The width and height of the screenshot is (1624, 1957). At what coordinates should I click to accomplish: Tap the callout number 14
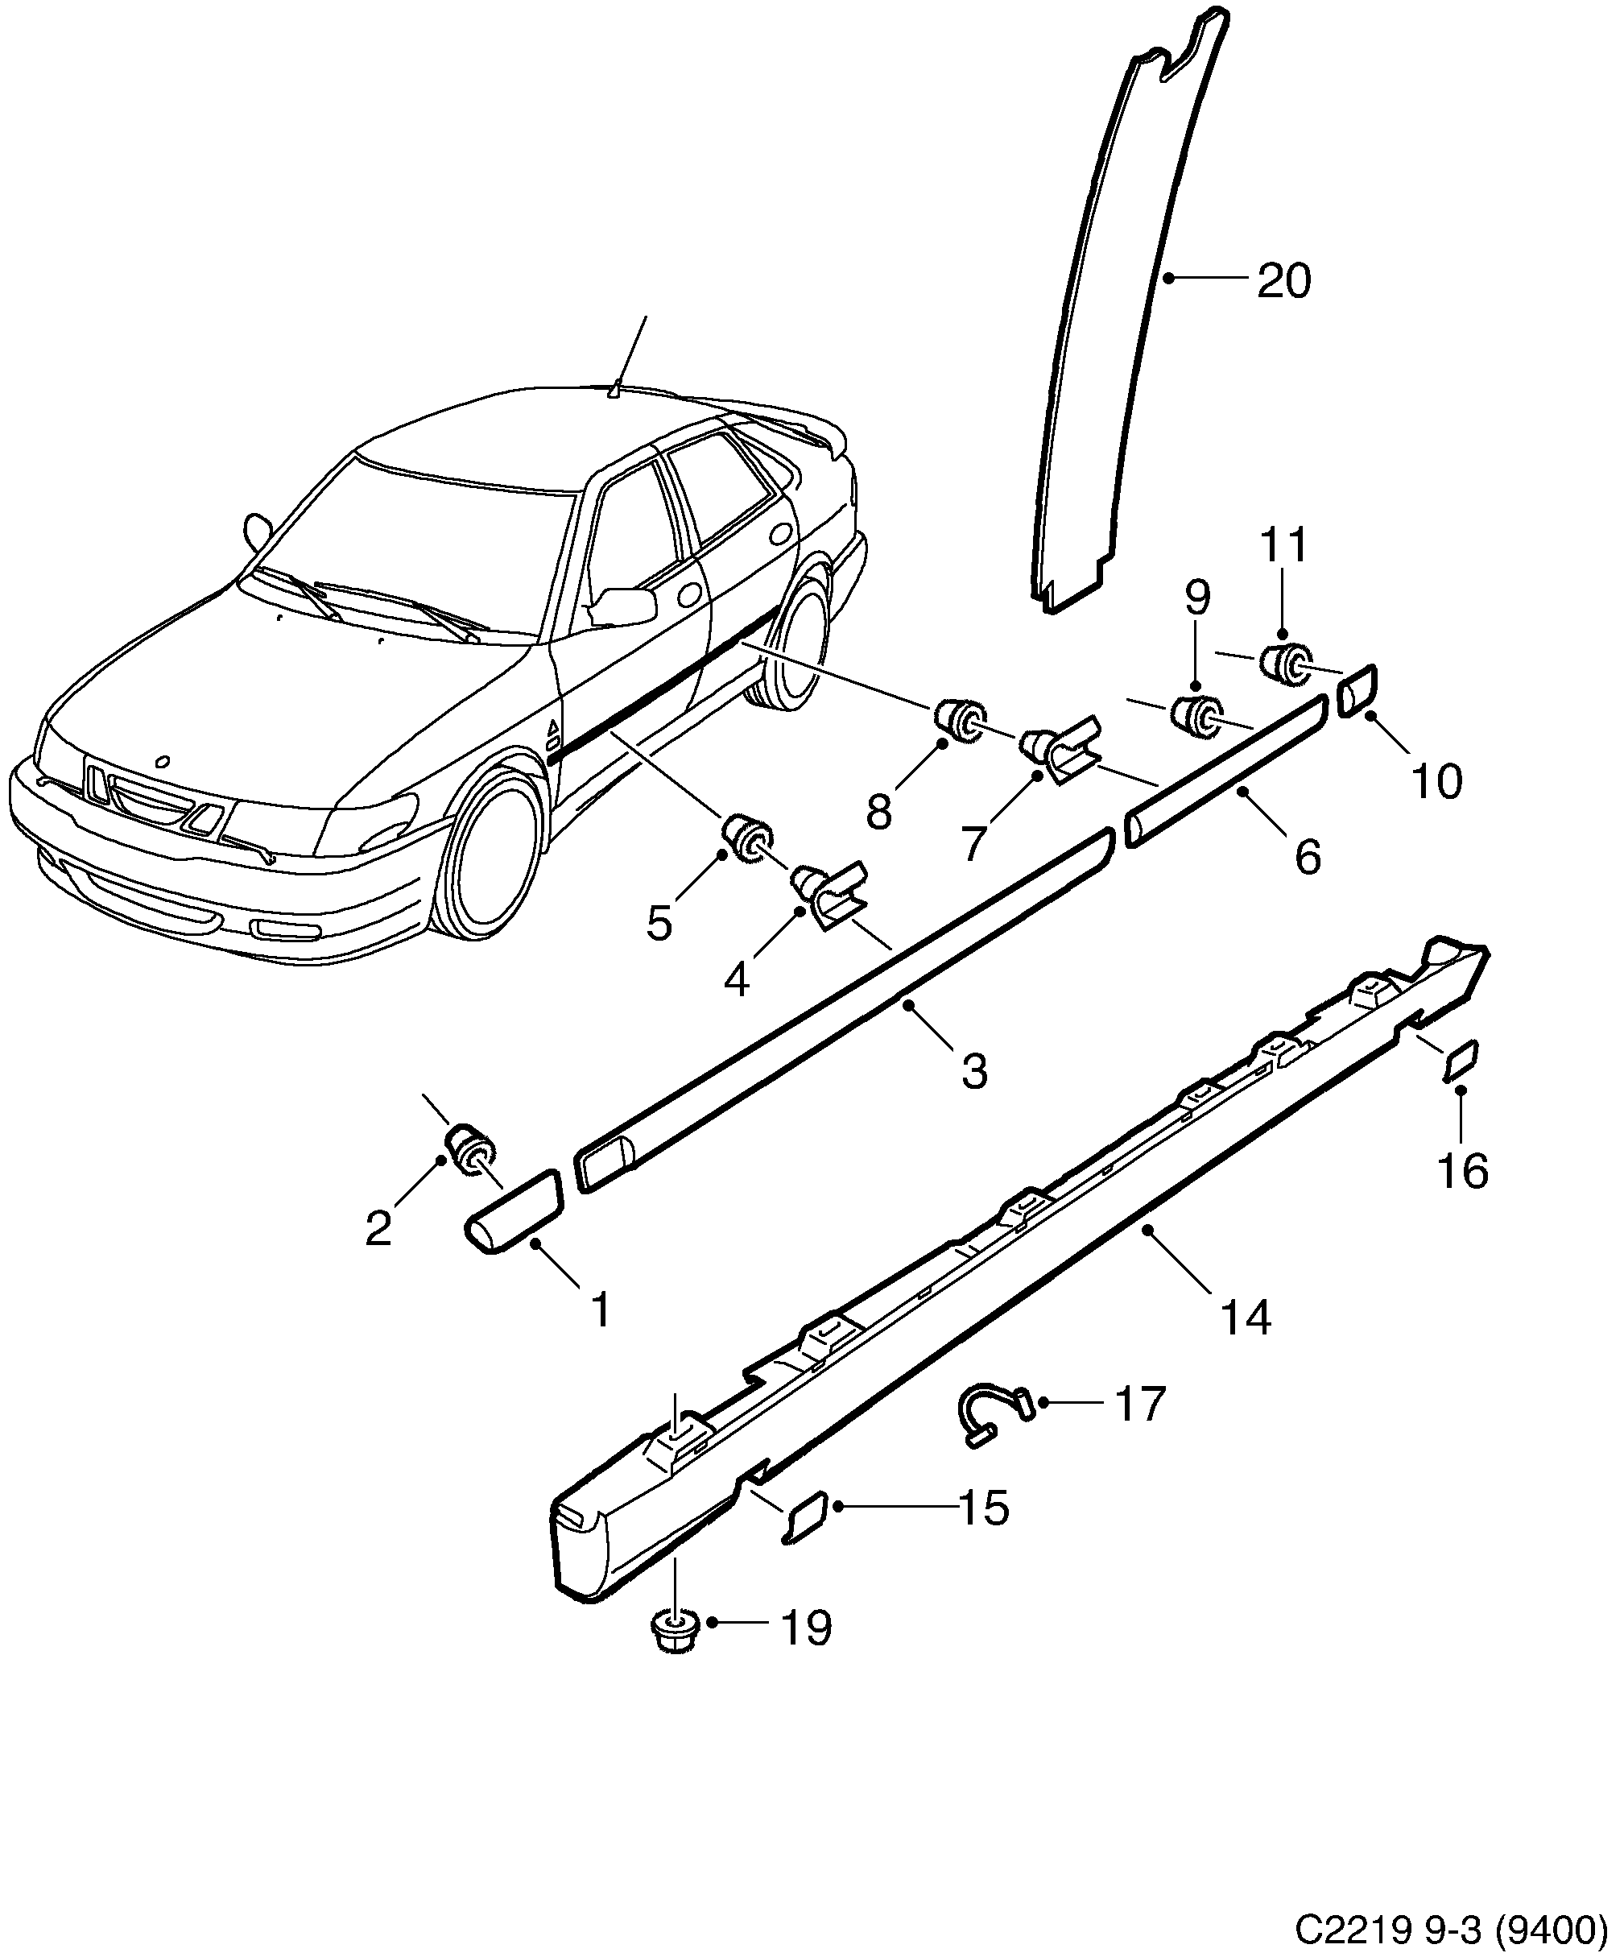pyautogui.click(x=1245, y=1318)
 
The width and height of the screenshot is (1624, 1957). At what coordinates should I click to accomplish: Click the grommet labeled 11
pyautogui.click(x=1283, y=663)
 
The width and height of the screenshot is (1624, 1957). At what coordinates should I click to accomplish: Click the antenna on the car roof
pyautogui.click(x=614, y=389)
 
